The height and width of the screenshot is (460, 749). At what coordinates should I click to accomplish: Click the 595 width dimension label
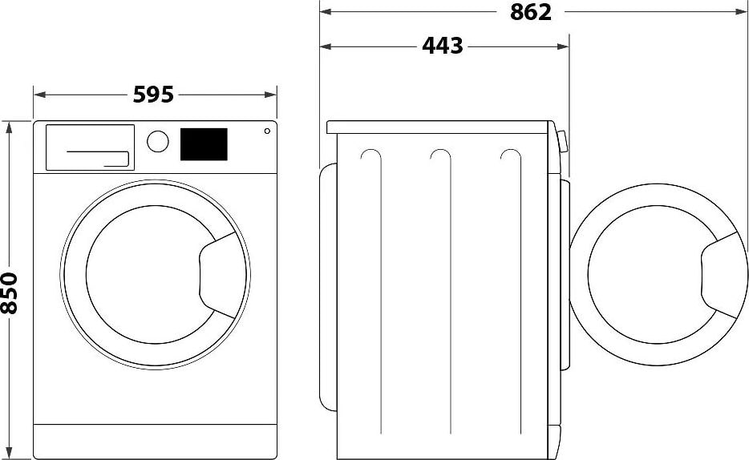[x=153, y=95]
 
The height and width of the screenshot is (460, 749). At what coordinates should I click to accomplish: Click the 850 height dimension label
[x=10, y=293]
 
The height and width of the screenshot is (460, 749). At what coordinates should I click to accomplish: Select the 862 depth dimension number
[x=530, y=12]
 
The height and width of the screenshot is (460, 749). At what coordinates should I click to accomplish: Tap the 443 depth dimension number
[x=443, y=46]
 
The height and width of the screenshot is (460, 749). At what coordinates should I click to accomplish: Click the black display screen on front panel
[x=204, y=144]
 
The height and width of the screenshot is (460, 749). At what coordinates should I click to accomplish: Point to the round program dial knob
[x=159, y=142]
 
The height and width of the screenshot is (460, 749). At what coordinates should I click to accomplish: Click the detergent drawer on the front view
[x=90, y=147]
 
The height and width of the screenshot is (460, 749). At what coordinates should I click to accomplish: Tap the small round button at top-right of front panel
[x=266, y=131]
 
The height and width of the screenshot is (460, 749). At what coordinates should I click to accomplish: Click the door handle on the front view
[x=219, y=272]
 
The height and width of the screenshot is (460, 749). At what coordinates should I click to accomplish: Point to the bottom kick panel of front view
[x=155, y=441]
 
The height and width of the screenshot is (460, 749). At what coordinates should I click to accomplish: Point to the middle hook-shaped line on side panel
[x=439, y=156]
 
